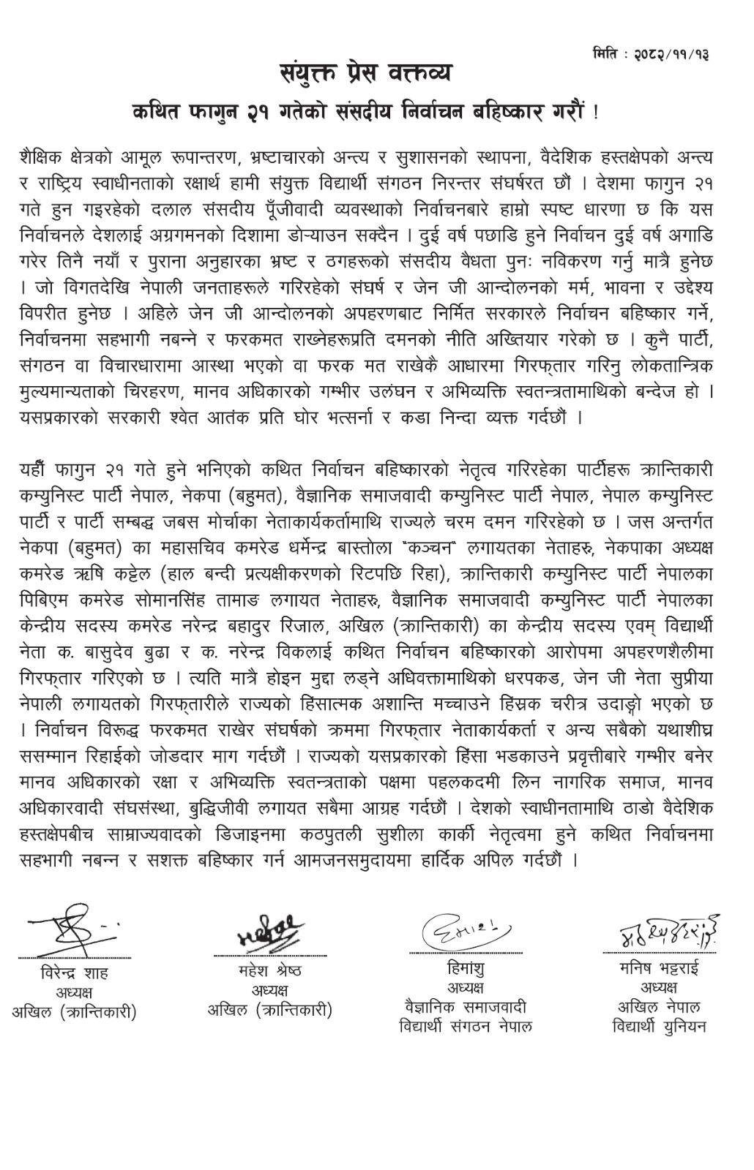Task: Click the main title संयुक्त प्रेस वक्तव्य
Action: point(366,74)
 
